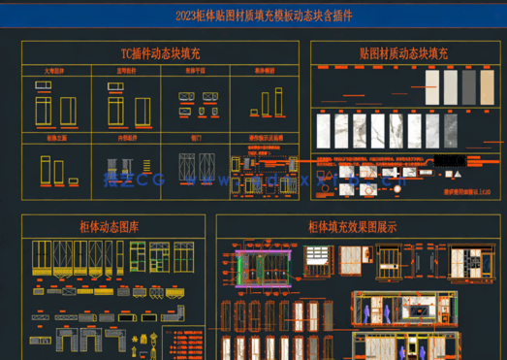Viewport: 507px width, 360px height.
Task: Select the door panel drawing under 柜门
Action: (x=198, y=164)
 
